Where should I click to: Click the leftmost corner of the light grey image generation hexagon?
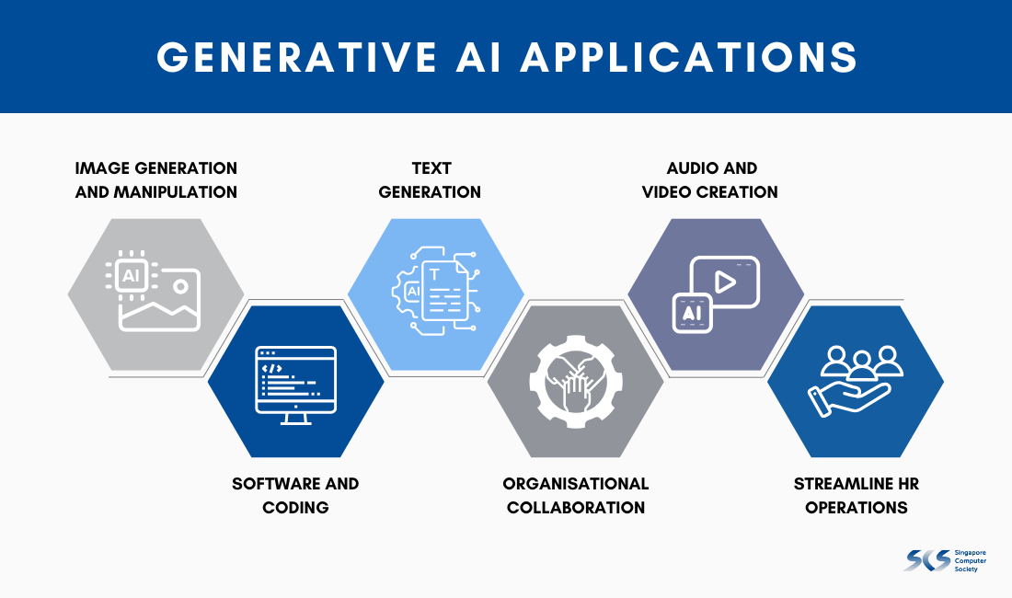(68, 294)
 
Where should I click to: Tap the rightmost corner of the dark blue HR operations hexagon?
(944, 381)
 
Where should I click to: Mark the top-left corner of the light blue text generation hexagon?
(391, 219)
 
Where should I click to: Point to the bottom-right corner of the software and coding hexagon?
(340, 456)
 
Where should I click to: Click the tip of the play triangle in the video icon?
(735, 282)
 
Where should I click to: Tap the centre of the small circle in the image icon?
(180, 286)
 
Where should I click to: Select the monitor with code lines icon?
(295, 385)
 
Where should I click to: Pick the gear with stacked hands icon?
(576, 381)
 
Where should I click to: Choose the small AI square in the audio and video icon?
(692, 313)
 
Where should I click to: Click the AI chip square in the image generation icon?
(131, 275)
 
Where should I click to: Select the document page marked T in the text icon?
(444, 292)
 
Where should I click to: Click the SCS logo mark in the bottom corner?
(927, 560)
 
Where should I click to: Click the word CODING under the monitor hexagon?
(295, 508)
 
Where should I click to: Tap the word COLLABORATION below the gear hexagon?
(576, 508)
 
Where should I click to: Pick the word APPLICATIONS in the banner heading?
(689, 57)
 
